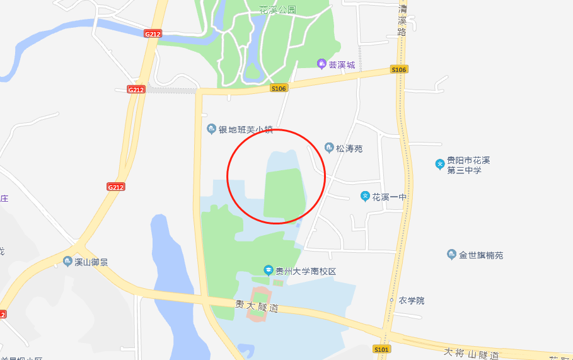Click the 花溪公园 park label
tap(277, 10)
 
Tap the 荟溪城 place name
tap(342, 65)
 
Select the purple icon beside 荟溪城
tap(321, 64)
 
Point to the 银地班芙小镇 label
tap(246, 130)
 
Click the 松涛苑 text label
tap(349, 149)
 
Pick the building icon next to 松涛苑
tap(329, 148)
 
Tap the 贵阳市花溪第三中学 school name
tap(468, 165)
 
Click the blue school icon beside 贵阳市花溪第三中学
tap(440, 165)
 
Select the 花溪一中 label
tap(390, 197)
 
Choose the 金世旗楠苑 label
tap(481, 255)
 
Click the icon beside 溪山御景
tap(67, 262)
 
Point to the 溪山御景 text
tap(91, 262)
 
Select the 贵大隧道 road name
tap(257, 306)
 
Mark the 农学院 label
tap(412, 301)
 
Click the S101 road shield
tap(381, 349)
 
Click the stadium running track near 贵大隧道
tap(258, 303)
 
